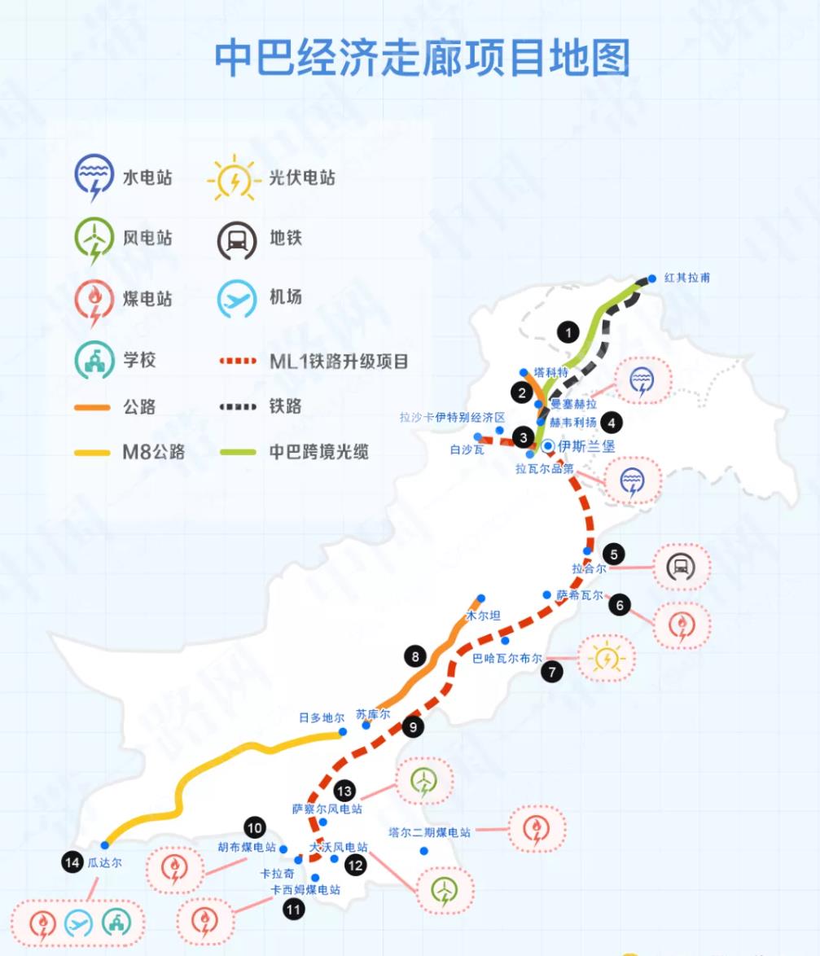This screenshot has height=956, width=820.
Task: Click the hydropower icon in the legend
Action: click(x=93, y=178)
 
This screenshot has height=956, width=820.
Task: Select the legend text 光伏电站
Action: click(x=302, y=178)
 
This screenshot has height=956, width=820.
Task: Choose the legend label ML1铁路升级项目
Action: click(x=339, y=361)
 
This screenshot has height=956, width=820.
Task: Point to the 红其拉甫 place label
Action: click(x=687, y=278)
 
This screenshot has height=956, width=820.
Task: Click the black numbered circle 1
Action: click(x=568, y=331)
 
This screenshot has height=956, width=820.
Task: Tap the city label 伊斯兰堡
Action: click(x=586, y=446)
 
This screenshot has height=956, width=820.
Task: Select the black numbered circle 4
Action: click(x=610, y=422)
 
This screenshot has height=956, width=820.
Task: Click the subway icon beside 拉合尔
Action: click(x=681, y=567)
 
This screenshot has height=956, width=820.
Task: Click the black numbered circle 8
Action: click(x=414, y=656)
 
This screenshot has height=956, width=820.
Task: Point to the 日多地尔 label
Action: click(x=322, y=717)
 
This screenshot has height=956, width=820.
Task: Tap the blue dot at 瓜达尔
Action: click(x=105, y=845)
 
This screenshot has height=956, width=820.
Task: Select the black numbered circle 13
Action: click(x=344, y=790)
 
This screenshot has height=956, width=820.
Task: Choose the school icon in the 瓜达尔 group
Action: click(x=116, y=923)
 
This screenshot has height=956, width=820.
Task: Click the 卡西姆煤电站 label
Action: click(x=305, y=889)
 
